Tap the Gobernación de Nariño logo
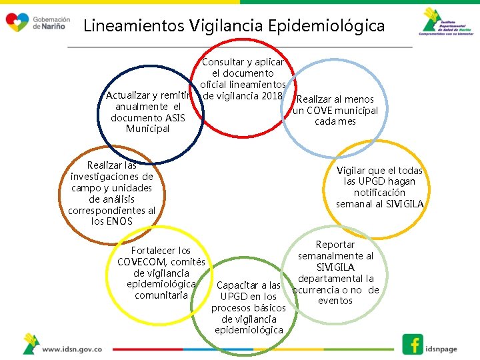pos(37,23)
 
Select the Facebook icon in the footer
pos(413,344)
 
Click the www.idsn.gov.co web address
pos(72,349)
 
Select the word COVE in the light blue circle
pos(319,111)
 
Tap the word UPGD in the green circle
pos(233,297)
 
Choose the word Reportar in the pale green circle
pos(335,245)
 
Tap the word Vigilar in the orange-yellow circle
pos(353,171)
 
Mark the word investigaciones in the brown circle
pos(112,177)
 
